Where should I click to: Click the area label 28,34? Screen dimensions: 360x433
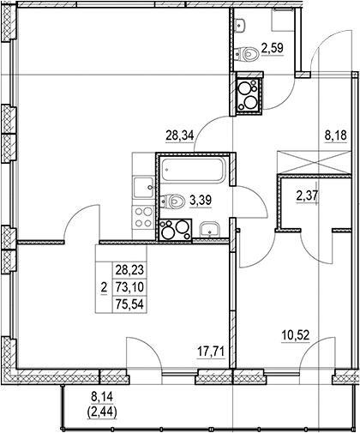(x=180, y=135)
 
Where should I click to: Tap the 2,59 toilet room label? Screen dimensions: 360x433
(x=273, y=48)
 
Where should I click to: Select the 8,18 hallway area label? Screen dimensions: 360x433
(x=336, y=135)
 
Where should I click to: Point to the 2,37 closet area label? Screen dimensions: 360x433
(x=307, y=196)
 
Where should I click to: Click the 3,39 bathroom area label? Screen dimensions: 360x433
(x=201, y=201)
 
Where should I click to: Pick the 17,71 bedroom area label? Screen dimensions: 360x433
(x=211, y=352)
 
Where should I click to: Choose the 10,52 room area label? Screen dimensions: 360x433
(x=296, y=334)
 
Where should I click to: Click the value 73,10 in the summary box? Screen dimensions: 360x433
(x=129, y=286)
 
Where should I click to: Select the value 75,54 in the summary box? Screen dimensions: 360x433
(x=129, y=304)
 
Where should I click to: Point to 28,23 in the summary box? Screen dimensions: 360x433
(x=129, y=269)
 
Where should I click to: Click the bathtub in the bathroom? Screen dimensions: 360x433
(x=194, y=169)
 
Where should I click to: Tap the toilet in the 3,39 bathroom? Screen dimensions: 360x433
(x=173, y=201)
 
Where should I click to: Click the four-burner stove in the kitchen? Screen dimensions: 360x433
(x=143, y=217)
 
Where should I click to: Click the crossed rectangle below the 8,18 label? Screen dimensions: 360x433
(x=314, y=162)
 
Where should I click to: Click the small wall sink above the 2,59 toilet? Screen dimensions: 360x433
(x=240, y=25)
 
